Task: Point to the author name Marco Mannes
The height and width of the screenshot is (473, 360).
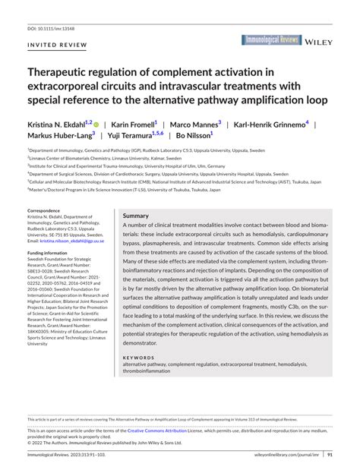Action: pos(194,123)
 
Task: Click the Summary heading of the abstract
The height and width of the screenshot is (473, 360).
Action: pos(136,216)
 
